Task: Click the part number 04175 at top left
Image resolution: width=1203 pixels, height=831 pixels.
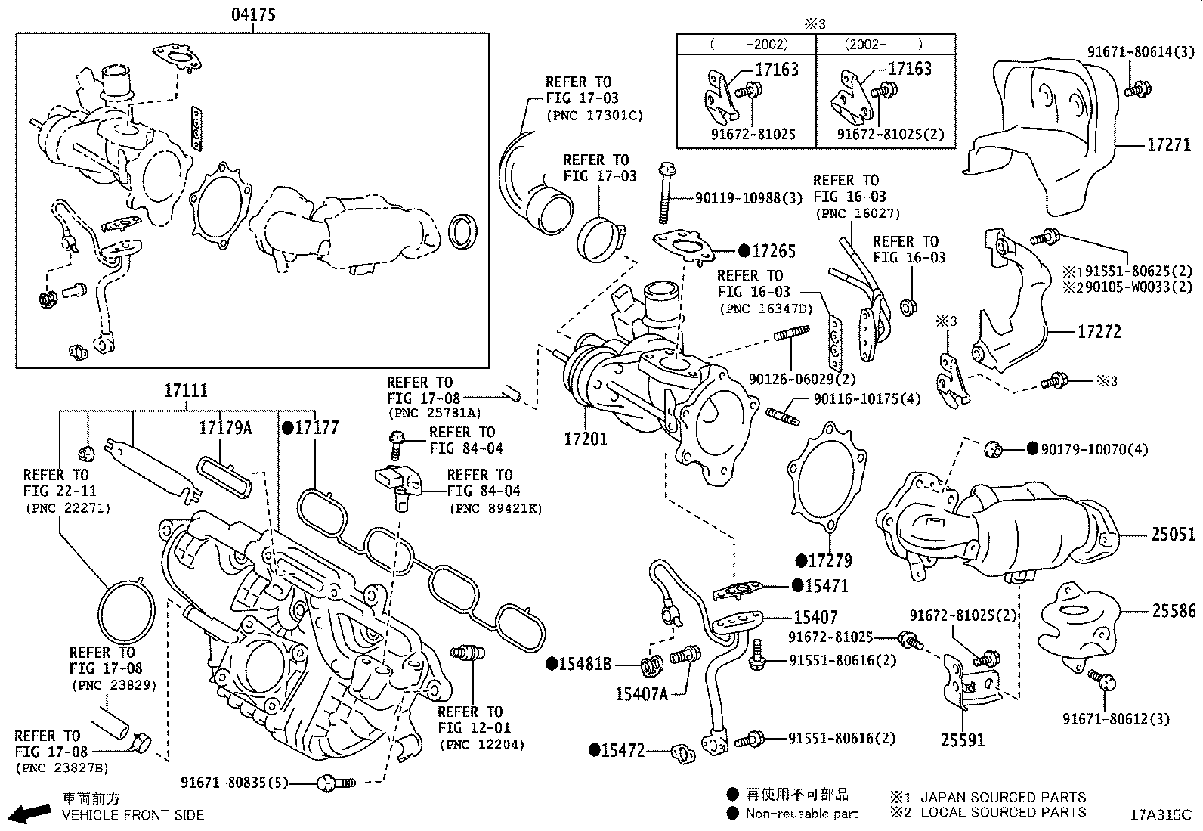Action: click(253, 14)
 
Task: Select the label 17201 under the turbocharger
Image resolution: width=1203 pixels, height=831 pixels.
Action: click(586, 438)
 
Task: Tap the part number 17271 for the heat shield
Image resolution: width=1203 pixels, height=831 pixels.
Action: click(1168, 144)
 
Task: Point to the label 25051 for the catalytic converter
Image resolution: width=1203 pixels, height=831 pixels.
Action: click(1173, 535)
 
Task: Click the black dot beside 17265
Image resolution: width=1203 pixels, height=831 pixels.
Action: click(744, 251)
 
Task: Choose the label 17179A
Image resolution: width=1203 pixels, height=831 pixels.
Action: click(224, 428)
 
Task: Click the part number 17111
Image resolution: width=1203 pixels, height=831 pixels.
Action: click(185, 391)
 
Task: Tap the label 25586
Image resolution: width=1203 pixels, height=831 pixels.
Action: click(1173, 610)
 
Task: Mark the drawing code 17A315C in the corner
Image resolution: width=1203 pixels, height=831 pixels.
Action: click(1160, 815)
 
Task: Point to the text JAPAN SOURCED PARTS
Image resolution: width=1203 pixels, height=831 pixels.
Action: click(1003, 797)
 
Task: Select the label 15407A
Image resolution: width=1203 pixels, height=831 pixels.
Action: click(642, 693)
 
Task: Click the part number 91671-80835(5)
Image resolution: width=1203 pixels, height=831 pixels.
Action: click(234, 783)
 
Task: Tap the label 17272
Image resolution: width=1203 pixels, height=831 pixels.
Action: click(1099, 332)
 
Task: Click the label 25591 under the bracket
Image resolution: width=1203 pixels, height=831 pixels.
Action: click(963, 740)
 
